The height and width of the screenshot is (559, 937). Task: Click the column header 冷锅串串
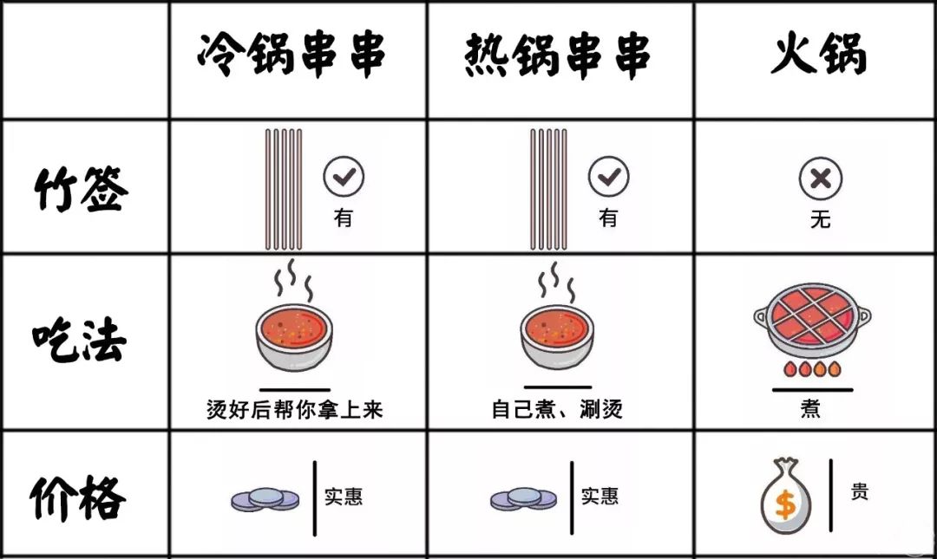pos(292,55)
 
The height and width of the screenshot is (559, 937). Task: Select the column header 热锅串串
pos(557,55)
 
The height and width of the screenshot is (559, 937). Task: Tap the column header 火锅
pos(819,54)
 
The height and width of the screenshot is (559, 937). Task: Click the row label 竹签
pos(82,189)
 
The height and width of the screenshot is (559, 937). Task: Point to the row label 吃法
pos(80,340)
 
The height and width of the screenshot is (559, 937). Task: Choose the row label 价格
pos(78,497)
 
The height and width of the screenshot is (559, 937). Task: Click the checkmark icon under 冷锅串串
pos(344,176)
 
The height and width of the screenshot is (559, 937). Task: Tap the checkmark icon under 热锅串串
pos(608,176)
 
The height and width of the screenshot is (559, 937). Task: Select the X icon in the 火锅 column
pos(821,178)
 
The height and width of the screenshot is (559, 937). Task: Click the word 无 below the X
pos(821,219)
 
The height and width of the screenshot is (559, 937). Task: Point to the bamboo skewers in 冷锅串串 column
pos(284,189)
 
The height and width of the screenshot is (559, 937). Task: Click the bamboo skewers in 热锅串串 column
pos(548,189)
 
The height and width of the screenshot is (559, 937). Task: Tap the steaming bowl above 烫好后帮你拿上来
pos(293,315)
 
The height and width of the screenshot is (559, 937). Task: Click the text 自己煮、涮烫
pos(557,409)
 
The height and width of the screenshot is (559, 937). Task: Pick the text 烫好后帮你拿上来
pos(295,410)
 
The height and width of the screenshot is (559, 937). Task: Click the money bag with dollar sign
pos(786,496)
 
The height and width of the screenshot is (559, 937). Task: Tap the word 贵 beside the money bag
pos(859,491)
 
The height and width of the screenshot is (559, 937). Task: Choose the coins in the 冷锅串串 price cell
pos(265,499)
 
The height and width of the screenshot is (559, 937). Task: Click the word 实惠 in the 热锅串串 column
pos(600,496)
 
